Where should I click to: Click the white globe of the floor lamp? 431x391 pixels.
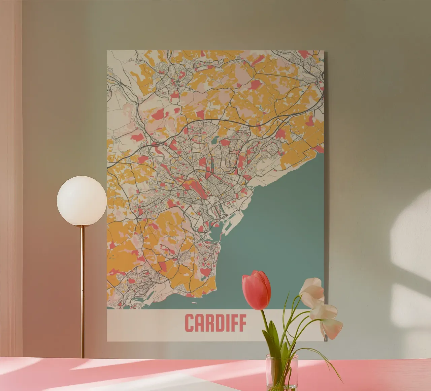82,201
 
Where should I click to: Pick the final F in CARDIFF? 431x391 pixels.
242,323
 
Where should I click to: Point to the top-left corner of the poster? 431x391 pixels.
107,51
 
